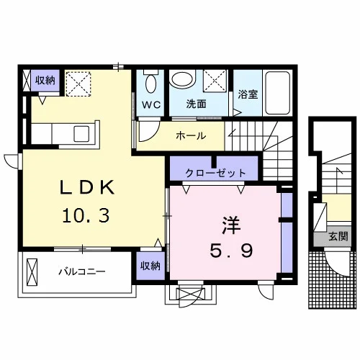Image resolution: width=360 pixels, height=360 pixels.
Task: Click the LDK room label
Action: pos(87,187)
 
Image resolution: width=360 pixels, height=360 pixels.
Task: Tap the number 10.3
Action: pos(86,215)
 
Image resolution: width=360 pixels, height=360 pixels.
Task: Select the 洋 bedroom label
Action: pos(231,225)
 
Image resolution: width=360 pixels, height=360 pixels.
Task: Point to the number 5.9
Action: pos(231,250)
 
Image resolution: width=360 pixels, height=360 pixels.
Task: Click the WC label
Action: pos(151,104)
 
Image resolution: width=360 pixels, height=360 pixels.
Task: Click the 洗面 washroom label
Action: pos(197,104)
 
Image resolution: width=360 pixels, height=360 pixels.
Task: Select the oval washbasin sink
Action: pos(182,78)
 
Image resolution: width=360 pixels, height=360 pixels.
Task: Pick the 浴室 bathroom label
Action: pos(248,94)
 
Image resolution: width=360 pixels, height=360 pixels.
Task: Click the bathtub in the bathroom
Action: pos(278,92)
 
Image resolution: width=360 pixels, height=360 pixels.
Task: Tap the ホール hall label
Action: pos(191,136)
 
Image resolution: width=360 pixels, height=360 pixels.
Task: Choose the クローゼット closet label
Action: pos(215,173)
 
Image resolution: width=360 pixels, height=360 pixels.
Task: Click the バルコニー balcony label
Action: pos(82,271)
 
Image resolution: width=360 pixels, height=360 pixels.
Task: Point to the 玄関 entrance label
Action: pos(338,237)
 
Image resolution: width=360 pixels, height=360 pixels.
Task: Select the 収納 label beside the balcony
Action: pos(150,266)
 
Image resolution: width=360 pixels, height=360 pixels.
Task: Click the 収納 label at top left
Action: pos(45,81)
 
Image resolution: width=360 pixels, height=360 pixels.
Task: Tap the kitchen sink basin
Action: pos(81,134)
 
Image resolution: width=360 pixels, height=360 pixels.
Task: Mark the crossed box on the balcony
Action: pos(32,272)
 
